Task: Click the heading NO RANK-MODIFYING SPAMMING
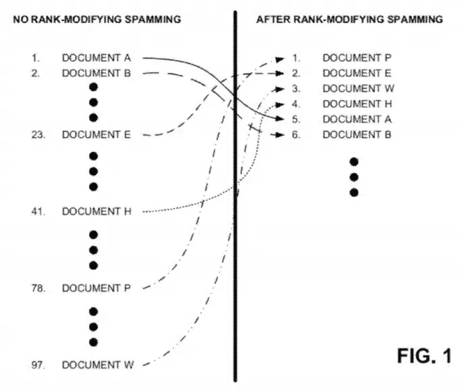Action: [x=97, y=20]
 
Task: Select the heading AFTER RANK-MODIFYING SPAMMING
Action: [x=349, y=20]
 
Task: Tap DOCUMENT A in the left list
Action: [x=96, y=58]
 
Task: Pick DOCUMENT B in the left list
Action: [x=96, y=73]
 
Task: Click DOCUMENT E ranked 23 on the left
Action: [x=96, y=134]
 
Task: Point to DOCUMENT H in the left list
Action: [x=96, y=211]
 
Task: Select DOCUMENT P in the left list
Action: [x=96, y=288]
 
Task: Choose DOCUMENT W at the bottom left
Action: [x=97, y=365]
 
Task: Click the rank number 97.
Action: [x=37, y=365]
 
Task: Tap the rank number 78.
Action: [x=37, y=288]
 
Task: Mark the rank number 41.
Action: [x=37, y=211]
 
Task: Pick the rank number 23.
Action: [x=37, y=134]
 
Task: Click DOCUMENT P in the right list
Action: [x=356, y=58]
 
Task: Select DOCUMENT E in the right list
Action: [x=356, y=73]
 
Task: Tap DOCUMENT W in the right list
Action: [x=358, y=88]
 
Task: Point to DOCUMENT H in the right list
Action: [x=356, y=104]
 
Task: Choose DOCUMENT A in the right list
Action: [x=356, y=119]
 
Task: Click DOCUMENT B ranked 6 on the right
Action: [x=356, y=134]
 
